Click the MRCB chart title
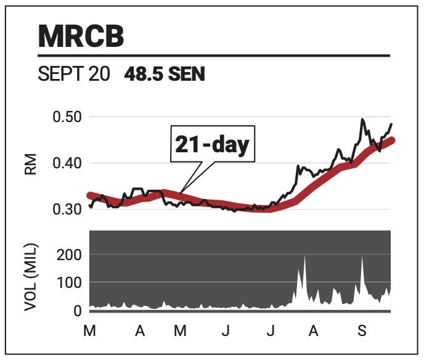[x=81, y=36]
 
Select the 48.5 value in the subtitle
[x=143, y=75]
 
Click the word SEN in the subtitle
[x=185, y=75]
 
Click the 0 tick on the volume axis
[x=78, y=310]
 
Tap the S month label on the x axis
[x=362, y=332]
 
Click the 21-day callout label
[x=211, y=145]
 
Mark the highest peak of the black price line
[x=362, y=120]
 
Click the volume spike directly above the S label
[x=362, y=258]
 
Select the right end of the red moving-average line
[x=392, y=141]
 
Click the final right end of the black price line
[x=391, y=125]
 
